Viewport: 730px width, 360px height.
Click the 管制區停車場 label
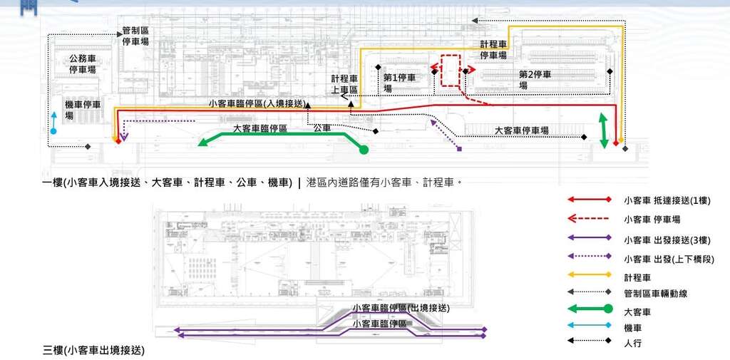(x=135, y=36)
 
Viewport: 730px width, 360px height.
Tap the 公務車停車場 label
(x=83, y=64)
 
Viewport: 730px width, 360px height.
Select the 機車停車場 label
(x=83, y=110)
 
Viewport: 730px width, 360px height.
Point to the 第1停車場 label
(x=399, y=83)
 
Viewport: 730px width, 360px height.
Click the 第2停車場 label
(x=535, y=80)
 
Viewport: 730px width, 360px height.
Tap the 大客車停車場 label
(x=522, y=130)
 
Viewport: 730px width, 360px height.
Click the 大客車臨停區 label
(x=259, y=128)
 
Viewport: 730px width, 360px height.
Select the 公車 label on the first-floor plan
(x=322, y=128)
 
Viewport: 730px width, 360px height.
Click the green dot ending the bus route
(x=364, y=150)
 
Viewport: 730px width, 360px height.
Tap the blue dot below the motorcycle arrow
(x=53, y=131)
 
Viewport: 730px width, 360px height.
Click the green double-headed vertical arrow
(x=604, y=130)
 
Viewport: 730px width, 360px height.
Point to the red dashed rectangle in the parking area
(x=451, y=71)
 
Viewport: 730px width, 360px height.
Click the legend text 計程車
(x=637, y=277)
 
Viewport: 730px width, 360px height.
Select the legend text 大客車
(x=637, y=312)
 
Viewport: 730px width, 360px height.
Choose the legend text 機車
(x=632, y=328)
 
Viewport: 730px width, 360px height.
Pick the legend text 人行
(x=632, y=343)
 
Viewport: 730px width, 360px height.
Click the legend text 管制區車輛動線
(x=655, y=294)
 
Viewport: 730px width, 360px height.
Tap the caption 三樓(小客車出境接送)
(x=93, y=350)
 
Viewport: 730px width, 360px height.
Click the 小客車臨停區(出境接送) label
(x=401, y=308)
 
